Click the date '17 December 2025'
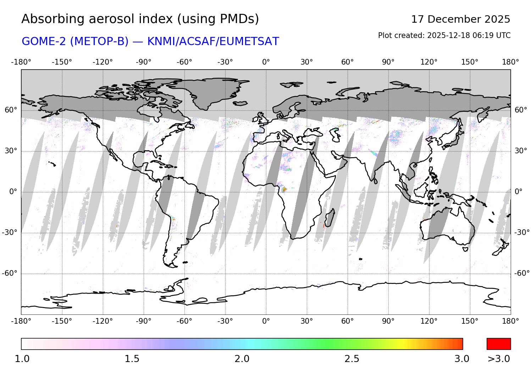click(x=460, y=19)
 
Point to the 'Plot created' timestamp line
click(x=444, y=35)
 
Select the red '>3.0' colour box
click(x=499, y=344)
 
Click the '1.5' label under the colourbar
click(x=132, y=359)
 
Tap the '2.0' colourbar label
click(x=242, y=359)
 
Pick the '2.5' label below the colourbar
click(x=352, y=359)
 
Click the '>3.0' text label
click(x=499, y=359)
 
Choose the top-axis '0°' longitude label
click(x=266, y=62)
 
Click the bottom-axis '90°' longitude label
click(x=388, y=321)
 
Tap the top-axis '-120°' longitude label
click(x=103, y=62)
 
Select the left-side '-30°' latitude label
click(x=10, y=232)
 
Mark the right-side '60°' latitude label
click(x=521, y=110)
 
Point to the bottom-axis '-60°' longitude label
click(x=184, y=321)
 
